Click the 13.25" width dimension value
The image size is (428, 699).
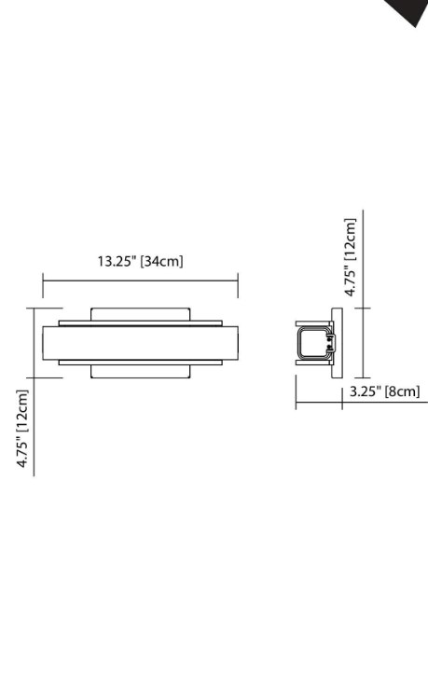click(x=117, y=261)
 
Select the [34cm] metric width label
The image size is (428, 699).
click(x=161, y=261)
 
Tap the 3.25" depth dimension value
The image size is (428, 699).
click(x=364, y=392)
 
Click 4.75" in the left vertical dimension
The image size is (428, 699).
click(x=22, y=452)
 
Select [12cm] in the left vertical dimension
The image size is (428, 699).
click(x=22, y=411)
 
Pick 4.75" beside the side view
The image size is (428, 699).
click(x=350, y=280)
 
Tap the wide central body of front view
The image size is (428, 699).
click(x=140, y=342)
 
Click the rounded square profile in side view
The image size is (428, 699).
click(x=313, y=343)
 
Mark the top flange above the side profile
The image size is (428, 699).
click(x=313, y=323)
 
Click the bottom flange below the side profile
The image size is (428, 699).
click(x=313, y=362)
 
